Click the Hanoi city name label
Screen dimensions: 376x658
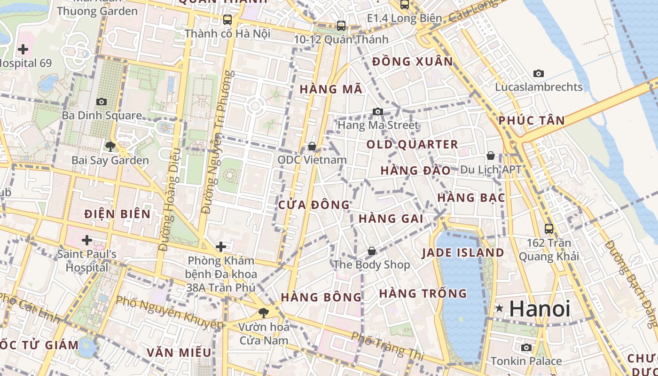pos(540,309)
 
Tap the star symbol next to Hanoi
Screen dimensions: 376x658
pos(499,309)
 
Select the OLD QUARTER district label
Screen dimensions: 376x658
pos(412,144)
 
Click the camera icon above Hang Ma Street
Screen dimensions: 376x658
pos(378,111)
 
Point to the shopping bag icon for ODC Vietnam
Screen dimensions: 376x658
pos(312,147)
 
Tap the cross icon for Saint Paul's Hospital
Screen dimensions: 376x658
pos(87,240)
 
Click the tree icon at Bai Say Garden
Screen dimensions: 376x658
pos(110,147)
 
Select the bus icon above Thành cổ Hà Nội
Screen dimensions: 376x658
pos(227,20)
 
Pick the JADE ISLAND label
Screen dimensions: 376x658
pos(462,253)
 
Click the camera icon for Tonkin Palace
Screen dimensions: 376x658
pos(526,348)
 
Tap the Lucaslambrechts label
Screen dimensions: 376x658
pos(539,87)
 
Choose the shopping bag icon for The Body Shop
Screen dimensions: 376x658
pos(372,251)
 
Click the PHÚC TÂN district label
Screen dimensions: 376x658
pos(532,120)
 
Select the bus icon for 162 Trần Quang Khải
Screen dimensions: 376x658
pos(549,229)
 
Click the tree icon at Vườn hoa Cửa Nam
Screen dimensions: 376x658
pos(264,313)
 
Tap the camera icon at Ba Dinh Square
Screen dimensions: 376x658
pos(102,102)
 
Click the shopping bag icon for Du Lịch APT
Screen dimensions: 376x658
pos(491,156)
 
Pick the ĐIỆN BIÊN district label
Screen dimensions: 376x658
pos(117,214)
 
